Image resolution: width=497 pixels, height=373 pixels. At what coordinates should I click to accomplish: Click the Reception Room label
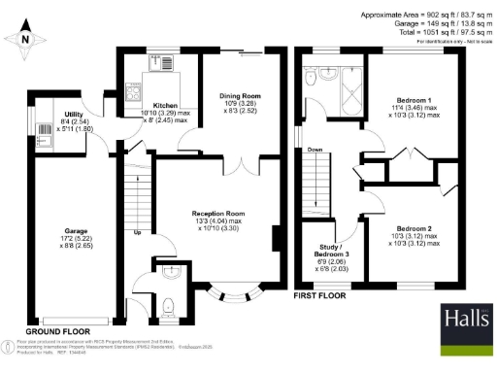(x=216, y=214)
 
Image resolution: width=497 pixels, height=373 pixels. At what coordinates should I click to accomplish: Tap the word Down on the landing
(x=315, y=151)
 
